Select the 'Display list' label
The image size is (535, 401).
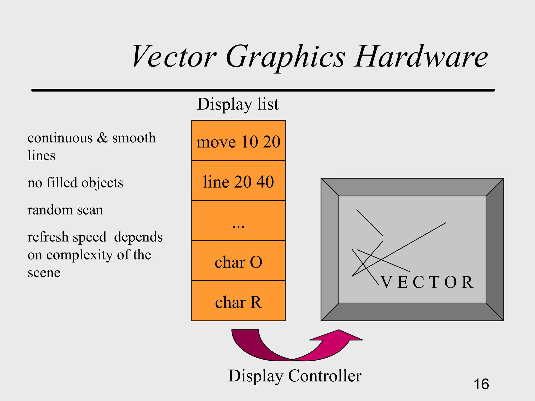coord(238,104)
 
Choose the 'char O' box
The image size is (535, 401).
coord(238,261)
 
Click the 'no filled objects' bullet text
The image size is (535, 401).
coord(75,182)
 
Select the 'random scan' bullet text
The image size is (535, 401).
coord(65,210)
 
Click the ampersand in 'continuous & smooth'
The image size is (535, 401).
coord(102,138)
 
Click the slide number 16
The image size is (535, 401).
coord(481,384)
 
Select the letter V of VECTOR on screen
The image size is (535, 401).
coord(386,282)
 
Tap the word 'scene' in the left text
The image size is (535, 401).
coord(44,273)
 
